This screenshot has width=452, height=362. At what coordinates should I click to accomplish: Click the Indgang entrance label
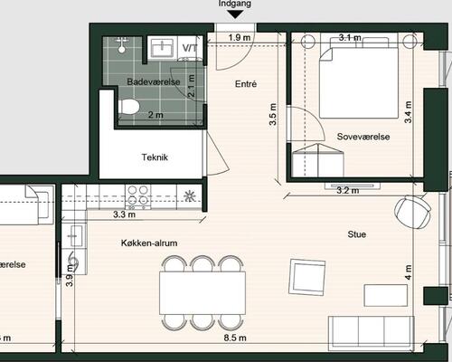point(235,4)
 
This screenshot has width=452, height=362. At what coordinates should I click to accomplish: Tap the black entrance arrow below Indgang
point(235,14)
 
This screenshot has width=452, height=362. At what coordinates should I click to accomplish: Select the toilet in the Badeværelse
point(129,107)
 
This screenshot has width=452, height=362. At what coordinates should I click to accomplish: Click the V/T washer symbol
point(190,48)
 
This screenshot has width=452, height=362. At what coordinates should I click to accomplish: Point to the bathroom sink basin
point(163,46)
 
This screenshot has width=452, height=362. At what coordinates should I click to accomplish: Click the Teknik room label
point(155,157)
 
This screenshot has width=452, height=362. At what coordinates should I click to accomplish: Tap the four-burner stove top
point(138,195)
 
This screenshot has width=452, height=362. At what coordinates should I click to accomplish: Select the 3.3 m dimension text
point(124,214)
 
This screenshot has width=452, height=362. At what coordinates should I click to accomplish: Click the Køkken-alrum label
point(149,243)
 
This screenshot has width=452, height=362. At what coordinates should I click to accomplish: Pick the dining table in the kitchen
point(202,292)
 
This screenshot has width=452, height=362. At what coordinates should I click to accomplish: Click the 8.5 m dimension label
point(235,338)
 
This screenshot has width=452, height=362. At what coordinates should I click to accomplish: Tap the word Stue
point(357,234)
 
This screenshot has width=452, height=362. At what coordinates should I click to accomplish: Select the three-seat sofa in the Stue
point(371,333)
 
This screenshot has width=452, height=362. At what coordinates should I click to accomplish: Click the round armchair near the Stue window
point(412,212)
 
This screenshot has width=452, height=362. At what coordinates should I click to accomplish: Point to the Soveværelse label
point(363,137)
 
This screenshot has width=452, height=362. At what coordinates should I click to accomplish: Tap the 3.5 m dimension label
point(273,114)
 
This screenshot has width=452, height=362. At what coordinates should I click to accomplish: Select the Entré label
point(246,84)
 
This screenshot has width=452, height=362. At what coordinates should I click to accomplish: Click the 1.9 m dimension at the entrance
point(240,38)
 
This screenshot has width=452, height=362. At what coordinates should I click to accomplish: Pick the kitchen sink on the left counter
point(74,235)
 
